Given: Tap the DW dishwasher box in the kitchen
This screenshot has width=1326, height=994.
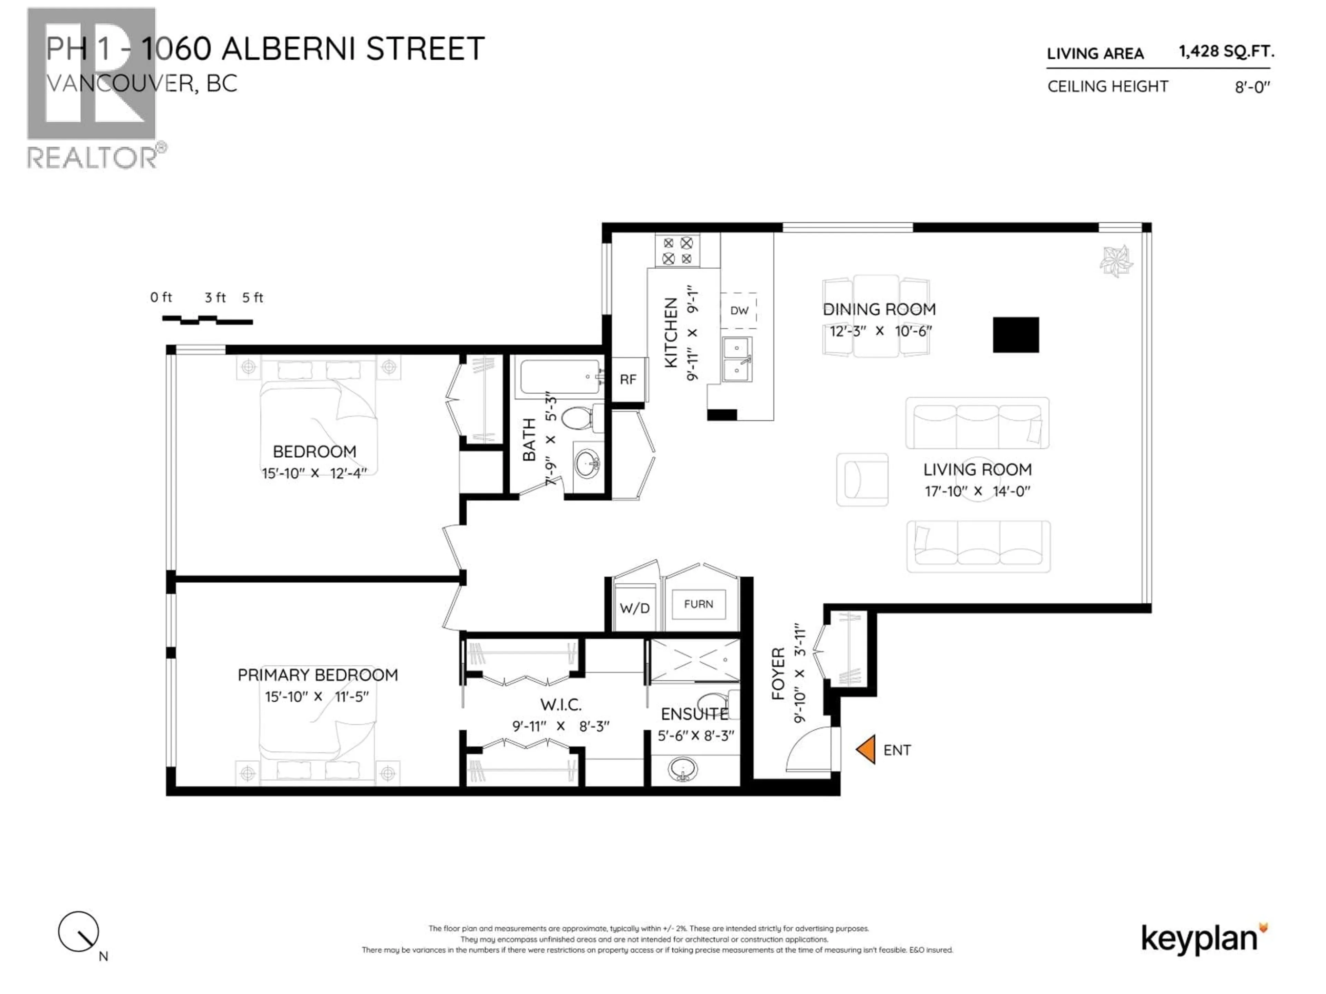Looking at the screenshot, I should tap(739, 310).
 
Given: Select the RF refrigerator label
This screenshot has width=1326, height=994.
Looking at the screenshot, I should tap(628, 379).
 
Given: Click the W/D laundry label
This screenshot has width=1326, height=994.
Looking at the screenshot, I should tap(634, 608).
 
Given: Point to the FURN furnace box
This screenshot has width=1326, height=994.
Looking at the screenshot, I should tap(698, 604).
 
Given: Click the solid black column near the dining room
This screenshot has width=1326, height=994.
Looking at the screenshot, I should tap(1016, 334).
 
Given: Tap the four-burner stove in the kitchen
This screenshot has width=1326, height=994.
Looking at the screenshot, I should tap(678, 251).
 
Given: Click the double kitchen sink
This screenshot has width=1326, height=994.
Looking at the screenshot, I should tap(737, 360).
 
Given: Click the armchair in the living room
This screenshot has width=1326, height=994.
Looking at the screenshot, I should tap(862, 479).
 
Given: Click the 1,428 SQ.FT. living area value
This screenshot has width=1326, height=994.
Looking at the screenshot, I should tap(1226, 51).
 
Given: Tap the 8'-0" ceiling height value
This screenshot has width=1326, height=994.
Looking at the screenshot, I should tap(1252, 87).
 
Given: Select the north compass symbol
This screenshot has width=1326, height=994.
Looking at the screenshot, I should tap(78, 932).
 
